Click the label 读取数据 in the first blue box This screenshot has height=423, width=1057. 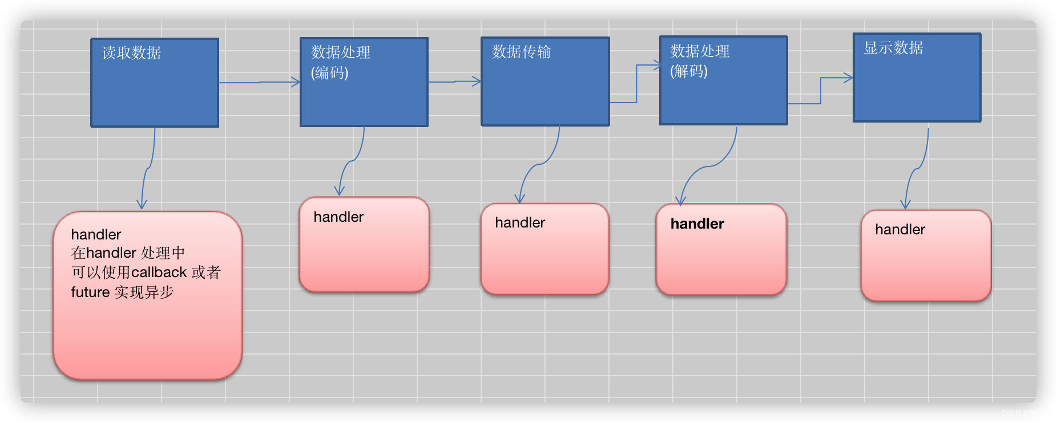[x=131, y=53]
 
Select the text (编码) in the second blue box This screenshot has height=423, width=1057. [x=329, y=73]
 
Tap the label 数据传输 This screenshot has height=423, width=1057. [x=521, y=52]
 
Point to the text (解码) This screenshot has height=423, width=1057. [x=688, y=71]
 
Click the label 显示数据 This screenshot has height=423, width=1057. [x=893, y=48]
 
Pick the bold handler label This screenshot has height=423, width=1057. [x=697, y=224]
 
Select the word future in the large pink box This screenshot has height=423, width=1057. [x=90, y=292]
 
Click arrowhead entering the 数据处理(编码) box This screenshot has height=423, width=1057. [x=296, y=82]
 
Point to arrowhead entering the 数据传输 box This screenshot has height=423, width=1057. [x=477, y=82]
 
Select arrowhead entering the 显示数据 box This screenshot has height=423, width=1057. [x=849, y=78]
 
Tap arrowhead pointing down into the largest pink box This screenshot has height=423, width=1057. [x=142, y=205]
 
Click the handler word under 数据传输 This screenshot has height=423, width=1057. [x=519, y=223]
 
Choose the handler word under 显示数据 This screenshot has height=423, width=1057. [x=899, y=230]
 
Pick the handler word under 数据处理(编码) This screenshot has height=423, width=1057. [x=338, y=217]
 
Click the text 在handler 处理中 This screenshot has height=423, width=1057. [x=128, y=253]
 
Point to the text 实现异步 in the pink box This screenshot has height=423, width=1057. [x=144, y=292]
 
